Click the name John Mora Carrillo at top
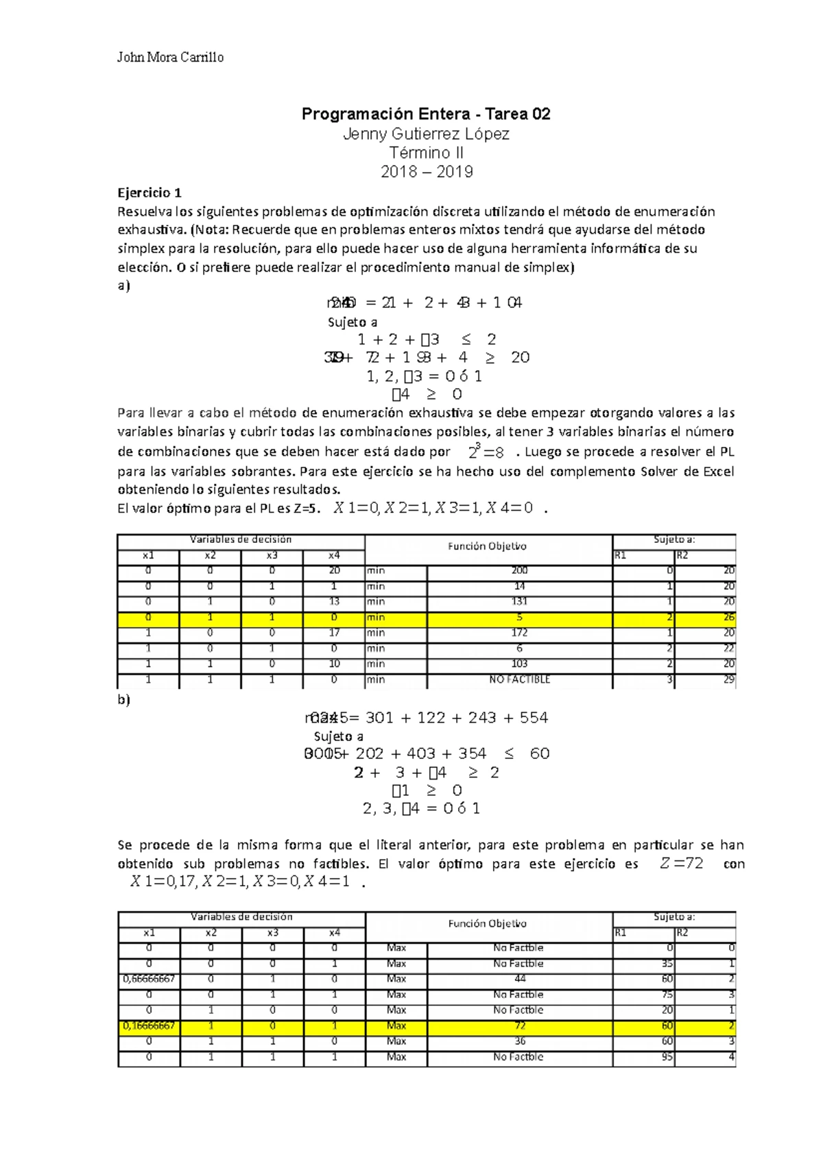point(170,58)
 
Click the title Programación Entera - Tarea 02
point(426,114)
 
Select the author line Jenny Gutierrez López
point(426,134)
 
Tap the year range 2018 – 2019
point(427,171)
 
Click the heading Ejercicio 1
point(150,193)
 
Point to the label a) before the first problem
point(124,286)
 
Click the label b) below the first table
point(124,700)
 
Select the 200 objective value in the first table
point(519,570)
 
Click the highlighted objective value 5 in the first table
point(519,618)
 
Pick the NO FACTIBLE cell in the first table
point(519,680)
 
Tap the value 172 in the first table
point(519,633)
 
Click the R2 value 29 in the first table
point(728,680)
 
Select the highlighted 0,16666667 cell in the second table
point(150,1026)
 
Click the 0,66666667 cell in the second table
point(150,979)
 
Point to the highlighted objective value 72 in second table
point(520,1026)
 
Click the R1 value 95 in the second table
point(667,1058)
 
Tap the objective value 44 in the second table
point(520,979)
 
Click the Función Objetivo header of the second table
point(488,924)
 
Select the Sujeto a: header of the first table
point(674,540)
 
